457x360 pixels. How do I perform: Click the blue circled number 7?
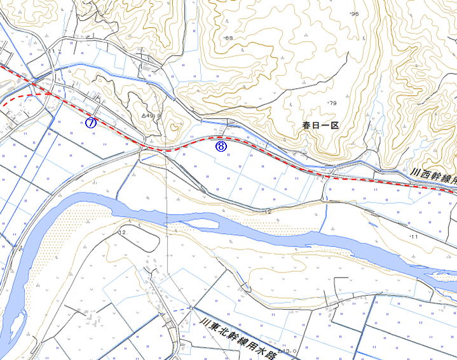click(91, 123)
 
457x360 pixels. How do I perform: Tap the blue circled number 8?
click(221, 147)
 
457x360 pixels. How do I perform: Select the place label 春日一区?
click(321, 126)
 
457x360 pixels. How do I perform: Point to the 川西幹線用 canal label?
click(433, 177)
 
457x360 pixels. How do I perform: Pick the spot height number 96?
click(355, 14)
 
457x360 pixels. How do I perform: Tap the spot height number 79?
click(332, 103)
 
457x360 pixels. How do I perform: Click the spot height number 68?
click(229, 39)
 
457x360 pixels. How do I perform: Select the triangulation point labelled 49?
click(147, 116)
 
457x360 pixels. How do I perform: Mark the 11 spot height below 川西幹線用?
click(414, 236)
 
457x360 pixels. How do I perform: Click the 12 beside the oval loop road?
click(122, 233)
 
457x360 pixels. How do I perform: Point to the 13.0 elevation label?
click(289, 351)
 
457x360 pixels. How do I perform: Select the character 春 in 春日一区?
click(307, 126)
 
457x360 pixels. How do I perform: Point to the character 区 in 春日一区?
click(335, 126)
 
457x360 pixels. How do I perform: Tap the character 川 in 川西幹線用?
click(414, 172)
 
